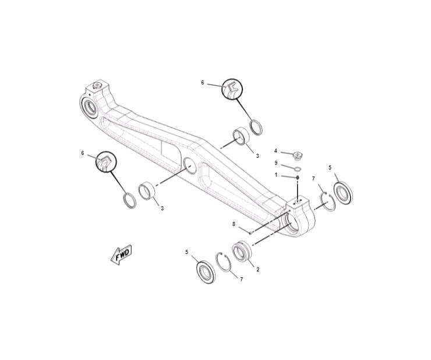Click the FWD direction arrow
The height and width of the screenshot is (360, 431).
tap(121, 255)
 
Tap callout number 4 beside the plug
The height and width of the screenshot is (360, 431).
tap(275, 151)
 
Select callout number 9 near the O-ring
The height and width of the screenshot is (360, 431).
tap(276, 163)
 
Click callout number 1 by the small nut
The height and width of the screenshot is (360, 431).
tap(276, 175)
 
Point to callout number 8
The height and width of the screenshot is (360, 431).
tap(234, 224)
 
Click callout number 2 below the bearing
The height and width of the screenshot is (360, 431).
tap(258, 270)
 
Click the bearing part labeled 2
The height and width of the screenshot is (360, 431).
tap(242, 251)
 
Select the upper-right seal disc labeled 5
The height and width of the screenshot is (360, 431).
tap(343, 192)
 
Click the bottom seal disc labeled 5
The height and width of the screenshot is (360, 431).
tap(206, 271)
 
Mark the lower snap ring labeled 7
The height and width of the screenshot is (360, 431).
tap(224, 262)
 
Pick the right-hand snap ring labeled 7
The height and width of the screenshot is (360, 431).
tap(328, 202)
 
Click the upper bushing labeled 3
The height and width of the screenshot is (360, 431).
tap(241, 136)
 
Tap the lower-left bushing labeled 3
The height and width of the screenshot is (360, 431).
tap(147, 191)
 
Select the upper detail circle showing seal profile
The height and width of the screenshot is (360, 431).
tap(232, 89)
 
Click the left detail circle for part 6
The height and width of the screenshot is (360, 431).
tap(106, 162)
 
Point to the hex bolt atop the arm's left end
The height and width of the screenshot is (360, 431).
tap(97, 85)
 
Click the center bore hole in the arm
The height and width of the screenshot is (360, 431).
tap(190, 166)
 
